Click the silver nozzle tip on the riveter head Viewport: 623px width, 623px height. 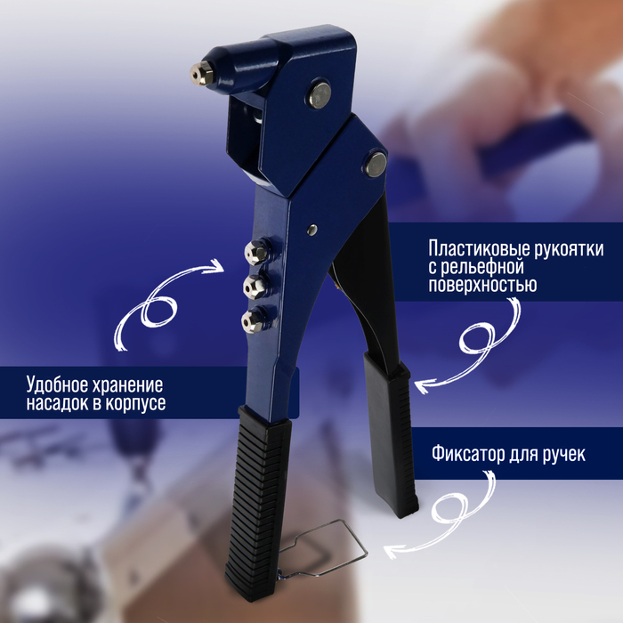(x=200, y=73)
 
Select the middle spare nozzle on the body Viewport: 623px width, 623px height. (x=256, y=286)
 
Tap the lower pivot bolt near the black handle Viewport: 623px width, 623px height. (x=377, y=163)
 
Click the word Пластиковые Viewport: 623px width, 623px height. (x=473, y=248)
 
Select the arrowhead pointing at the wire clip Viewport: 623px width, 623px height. (x=389, y=552)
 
